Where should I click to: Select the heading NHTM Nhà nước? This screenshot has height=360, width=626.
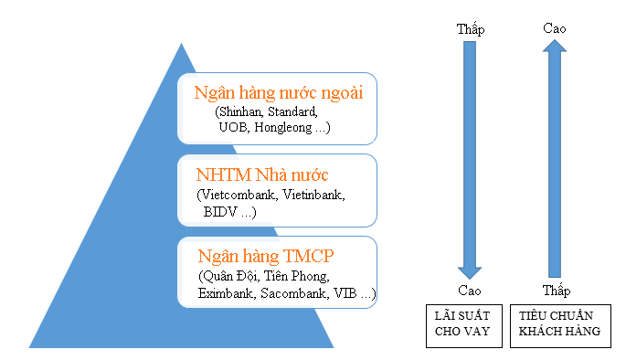262,175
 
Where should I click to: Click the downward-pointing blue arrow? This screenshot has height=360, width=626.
470,160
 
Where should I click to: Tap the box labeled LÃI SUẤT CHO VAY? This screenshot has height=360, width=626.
464,324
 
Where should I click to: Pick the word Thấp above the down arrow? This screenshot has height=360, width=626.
470,29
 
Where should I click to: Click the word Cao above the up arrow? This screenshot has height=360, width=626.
555,28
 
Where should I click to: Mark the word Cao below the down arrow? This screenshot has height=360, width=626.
470,291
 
